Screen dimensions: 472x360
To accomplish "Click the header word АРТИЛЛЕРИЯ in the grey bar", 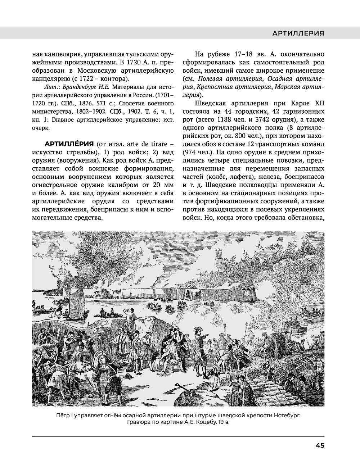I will (298, 33).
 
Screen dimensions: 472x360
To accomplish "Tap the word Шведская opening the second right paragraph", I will (211, 103).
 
